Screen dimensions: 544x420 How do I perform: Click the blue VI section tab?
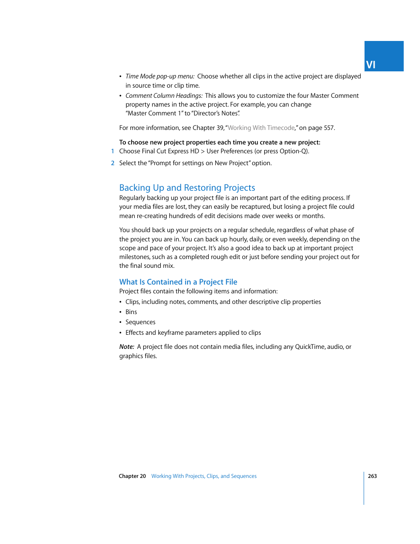click(383, 56)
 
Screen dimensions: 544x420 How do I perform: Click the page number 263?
click(372, 476)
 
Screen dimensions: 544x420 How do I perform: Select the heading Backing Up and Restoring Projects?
click(187, 188)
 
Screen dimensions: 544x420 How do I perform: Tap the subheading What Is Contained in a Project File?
click(178, 282)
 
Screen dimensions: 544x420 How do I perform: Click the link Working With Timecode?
click(261, 128)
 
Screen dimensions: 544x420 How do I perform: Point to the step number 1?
click(113, 151)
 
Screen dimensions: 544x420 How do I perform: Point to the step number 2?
click(113, 163)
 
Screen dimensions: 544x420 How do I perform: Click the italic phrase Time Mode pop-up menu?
click(159, 76)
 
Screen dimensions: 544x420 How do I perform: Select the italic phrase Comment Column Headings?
click(164, 96)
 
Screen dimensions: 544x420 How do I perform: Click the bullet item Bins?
click(131, 312)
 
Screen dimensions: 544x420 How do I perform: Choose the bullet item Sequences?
click(140, 322)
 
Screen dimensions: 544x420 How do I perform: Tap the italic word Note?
click(126, 347)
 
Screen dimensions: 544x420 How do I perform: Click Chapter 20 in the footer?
click(132, 476)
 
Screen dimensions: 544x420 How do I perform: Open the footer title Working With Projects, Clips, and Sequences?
click(204, 476)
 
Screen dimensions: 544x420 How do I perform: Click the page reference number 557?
click(328, 128)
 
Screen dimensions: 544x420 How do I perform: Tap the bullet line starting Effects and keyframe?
click(193, 333)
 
